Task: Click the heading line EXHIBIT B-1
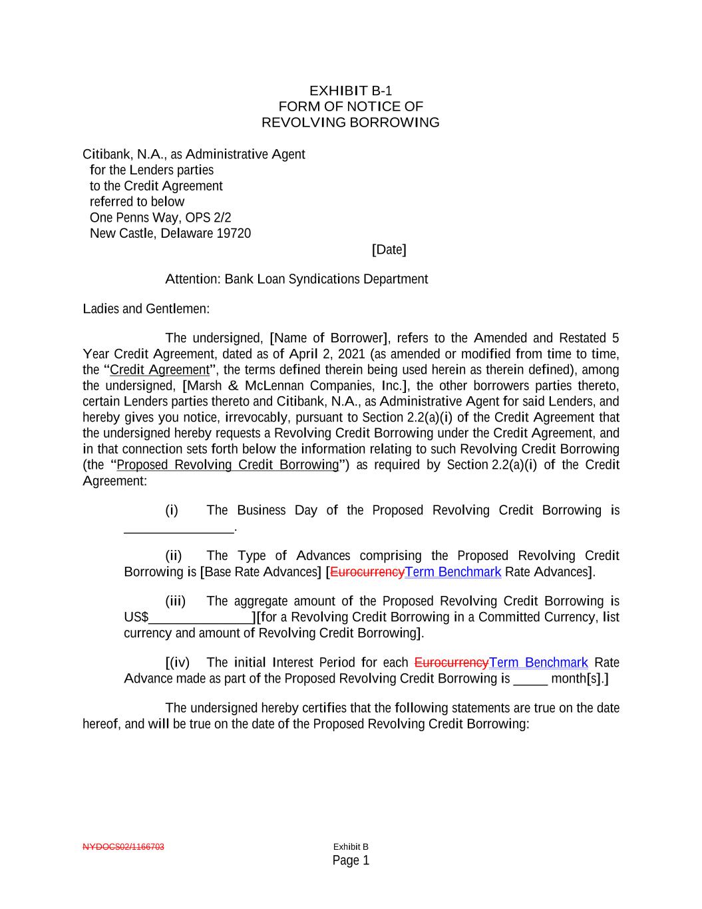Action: [351, 91]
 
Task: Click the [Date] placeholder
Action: [389, 250]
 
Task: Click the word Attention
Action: [192, 279]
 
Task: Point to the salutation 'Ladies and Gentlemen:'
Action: [146, 309]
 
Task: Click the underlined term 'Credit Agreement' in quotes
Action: [160, 370]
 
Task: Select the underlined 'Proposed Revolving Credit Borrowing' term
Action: [228, 465]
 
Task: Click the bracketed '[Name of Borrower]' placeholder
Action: [329, 338]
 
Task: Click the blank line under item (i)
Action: [179, 529]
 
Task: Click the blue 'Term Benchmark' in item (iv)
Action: [538, 663]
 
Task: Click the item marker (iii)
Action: [175, 601]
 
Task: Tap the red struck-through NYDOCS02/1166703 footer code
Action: [123, 847]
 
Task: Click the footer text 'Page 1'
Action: [351, 860]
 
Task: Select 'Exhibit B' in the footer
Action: [351, 847]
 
